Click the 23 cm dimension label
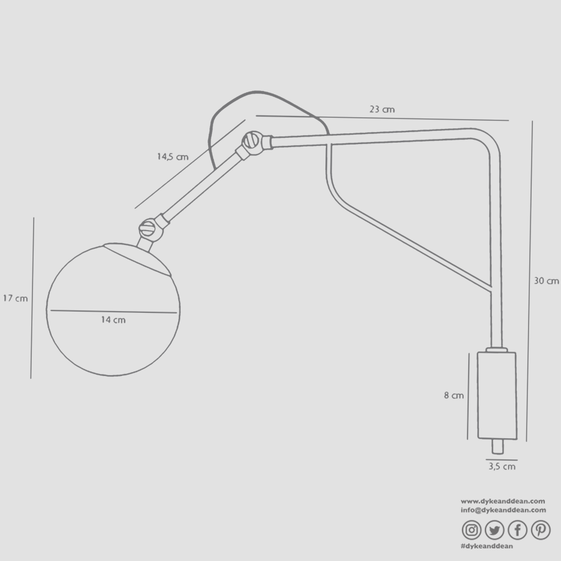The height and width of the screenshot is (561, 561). [x=381, y=109]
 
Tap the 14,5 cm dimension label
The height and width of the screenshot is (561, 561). [x=172, y=156]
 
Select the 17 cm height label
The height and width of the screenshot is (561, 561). [x=15, y=299]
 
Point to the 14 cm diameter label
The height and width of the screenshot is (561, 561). [x=113, y=320]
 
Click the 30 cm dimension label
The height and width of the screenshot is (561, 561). [x=546, y=281]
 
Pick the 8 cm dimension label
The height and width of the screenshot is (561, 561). [x=454, y=395]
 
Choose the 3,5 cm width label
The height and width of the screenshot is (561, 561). [x=501, y=466]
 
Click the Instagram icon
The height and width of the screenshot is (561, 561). [x=472, y=530]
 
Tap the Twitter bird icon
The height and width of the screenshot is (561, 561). [x=494, y=530]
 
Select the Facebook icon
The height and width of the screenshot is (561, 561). [x=517, y=530]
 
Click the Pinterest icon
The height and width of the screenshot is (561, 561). [x=540, y=530]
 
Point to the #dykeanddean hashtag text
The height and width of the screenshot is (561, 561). [x=486, y=546]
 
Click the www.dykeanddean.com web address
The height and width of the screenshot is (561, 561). [x=503, y=501]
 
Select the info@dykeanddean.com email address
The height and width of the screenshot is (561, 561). [x=503, y=509]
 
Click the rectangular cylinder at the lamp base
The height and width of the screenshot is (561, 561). [x=496, y=395]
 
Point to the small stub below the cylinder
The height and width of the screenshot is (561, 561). [x=497, y=446]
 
